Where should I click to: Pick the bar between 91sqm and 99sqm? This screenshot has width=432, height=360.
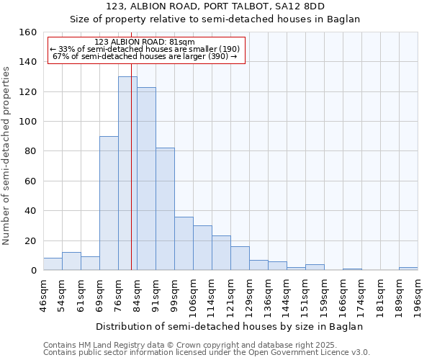point(165,209)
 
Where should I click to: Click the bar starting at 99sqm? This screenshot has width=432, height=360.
point(184,243)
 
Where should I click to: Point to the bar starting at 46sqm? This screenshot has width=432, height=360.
point(53,264)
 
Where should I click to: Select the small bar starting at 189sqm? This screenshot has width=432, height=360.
point(408,269)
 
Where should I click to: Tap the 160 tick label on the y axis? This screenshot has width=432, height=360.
point(27,32)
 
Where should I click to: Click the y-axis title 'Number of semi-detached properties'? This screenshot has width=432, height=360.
point(7,151)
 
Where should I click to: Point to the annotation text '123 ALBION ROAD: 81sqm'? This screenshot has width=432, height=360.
point(145,42)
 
